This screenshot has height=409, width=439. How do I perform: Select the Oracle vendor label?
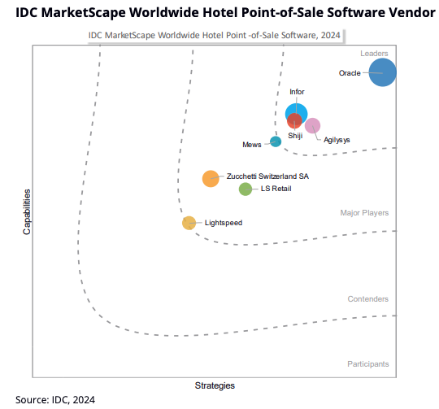[350, 73]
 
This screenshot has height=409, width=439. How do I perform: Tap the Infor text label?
[297, 92]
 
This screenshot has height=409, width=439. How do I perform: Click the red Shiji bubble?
[295, 121]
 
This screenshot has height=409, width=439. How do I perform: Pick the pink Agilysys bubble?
[312, 125]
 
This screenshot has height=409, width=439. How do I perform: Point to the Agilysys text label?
[337, 140]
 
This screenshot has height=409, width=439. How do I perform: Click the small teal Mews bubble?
[276, 141]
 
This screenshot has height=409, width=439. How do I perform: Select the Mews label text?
[252, 145]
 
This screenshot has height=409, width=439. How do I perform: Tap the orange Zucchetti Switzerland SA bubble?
[211, 179]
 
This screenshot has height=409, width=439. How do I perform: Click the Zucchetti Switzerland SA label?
[267, 176]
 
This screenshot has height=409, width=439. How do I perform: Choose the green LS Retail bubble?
[246, 189]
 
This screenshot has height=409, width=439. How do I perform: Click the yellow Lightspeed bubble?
[189, 222]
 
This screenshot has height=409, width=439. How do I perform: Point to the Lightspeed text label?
[224, 223]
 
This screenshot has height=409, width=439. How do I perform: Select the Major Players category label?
[364, 213]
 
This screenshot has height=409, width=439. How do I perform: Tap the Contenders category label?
[367, 299]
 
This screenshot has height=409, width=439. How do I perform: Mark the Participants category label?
[367, 363]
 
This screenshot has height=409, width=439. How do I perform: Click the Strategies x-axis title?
[215, 385]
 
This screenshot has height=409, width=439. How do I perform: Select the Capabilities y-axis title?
[27, 212]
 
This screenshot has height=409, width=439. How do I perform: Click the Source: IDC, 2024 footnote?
[55, 400]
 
